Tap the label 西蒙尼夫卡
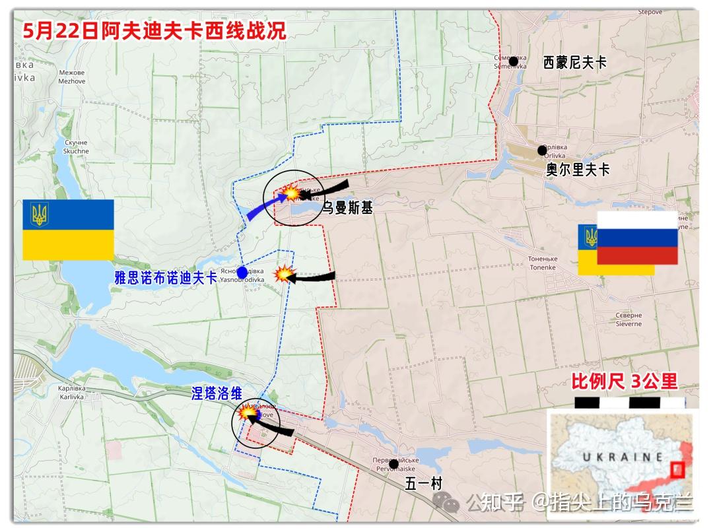coord(574,63)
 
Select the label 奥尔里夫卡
coord(578,170)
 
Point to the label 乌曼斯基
coord(347,209)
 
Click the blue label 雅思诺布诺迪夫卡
coord(166,279)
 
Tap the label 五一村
coord(423,483)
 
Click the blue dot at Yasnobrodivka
coord(242,272)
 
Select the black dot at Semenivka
coord(514,61)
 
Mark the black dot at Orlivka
coord(542,150)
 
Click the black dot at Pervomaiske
coord(393,464)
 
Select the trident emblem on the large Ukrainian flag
coord(39,215)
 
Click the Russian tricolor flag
coord(637,238)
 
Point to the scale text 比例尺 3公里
coord(624,381)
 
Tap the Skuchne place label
coord(76,147)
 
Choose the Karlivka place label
coord(71,393)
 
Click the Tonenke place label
coord(543,263)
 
